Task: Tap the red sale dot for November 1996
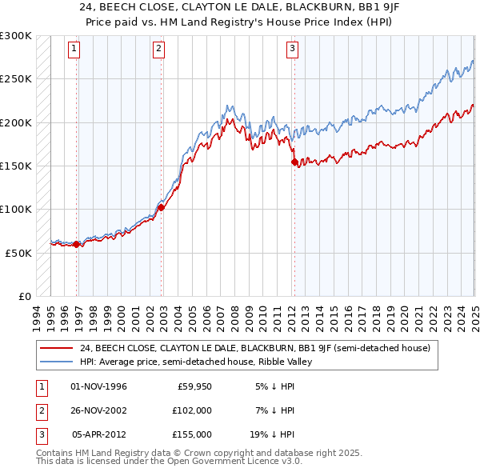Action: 77,245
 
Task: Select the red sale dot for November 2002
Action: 161,207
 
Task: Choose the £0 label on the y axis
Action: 24,296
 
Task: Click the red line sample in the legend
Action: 57,348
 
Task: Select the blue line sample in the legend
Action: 57,362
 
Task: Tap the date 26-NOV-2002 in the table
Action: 99,410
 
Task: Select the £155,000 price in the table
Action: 192,434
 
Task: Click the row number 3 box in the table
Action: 41,434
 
